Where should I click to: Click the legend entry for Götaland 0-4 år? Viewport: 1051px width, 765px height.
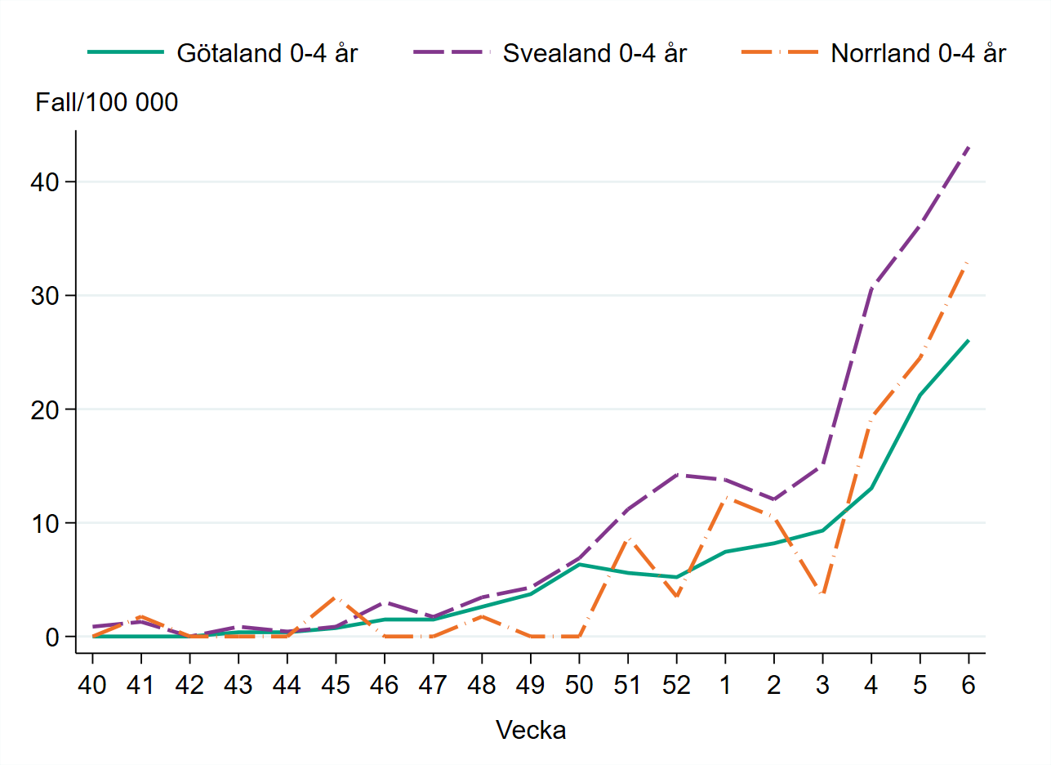click(x=267, y=54)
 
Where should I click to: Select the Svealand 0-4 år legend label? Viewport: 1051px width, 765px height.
click(x=595, y=54)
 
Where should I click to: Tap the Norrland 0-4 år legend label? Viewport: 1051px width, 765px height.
click(x=918, y=54)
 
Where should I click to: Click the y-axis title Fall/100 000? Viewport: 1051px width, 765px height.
click(x=107, y=103)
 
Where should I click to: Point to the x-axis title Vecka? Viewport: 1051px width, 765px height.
click(x=531, y=730)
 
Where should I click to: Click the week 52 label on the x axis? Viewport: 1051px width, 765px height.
click(x=676, y=685)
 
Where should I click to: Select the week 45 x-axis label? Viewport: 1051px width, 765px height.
click(x=336, y=685)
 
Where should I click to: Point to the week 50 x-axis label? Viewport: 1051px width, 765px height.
click(x=579, y=685)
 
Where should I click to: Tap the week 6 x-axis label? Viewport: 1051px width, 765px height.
click(x=969, y=685)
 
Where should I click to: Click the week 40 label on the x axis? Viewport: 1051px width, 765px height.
click(x=92, y=685)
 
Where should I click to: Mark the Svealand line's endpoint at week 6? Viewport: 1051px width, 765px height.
click(x=969, y=146)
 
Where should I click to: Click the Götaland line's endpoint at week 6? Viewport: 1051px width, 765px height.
click(x=969, y=340)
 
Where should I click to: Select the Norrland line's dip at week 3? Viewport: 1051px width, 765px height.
click(x=822, y=593)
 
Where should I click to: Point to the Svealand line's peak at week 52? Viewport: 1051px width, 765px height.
click(x=676, y=474)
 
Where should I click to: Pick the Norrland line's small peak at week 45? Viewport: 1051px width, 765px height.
click(x=336, y=597)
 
